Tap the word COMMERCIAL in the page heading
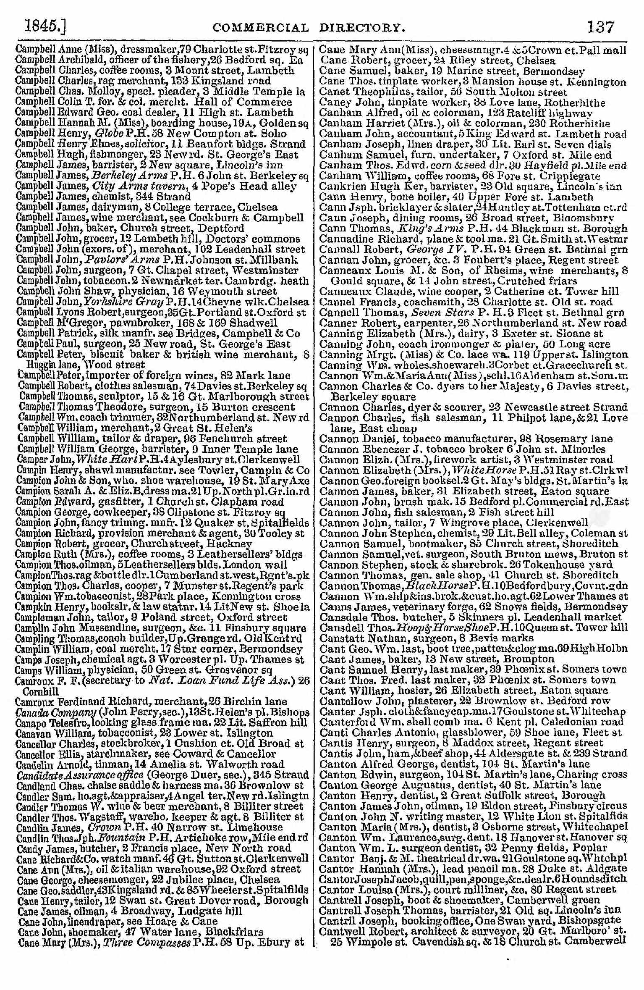coord(261,28)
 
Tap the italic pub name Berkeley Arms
coord(122,176)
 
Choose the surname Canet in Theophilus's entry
coord(332,92)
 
